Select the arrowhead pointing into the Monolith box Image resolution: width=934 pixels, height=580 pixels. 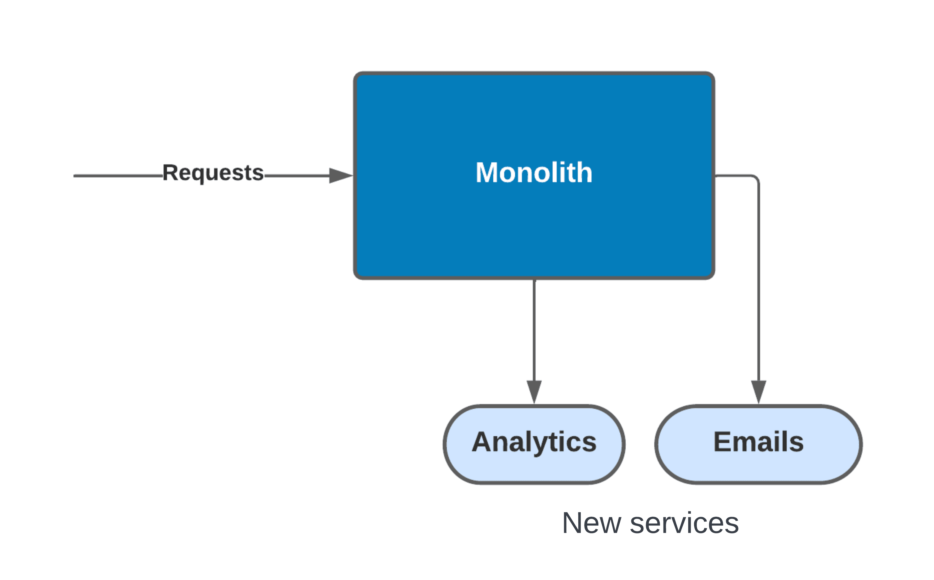(340, 176)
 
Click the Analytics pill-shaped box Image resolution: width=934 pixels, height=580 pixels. (534, 444)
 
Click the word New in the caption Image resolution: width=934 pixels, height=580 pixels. (591, 523)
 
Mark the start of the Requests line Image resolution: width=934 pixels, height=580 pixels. (75, 176)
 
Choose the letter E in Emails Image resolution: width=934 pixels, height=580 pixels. (721, 442)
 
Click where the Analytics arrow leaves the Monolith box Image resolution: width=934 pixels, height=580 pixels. (534, 281)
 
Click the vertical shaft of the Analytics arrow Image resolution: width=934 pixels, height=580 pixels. (534, 330)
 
